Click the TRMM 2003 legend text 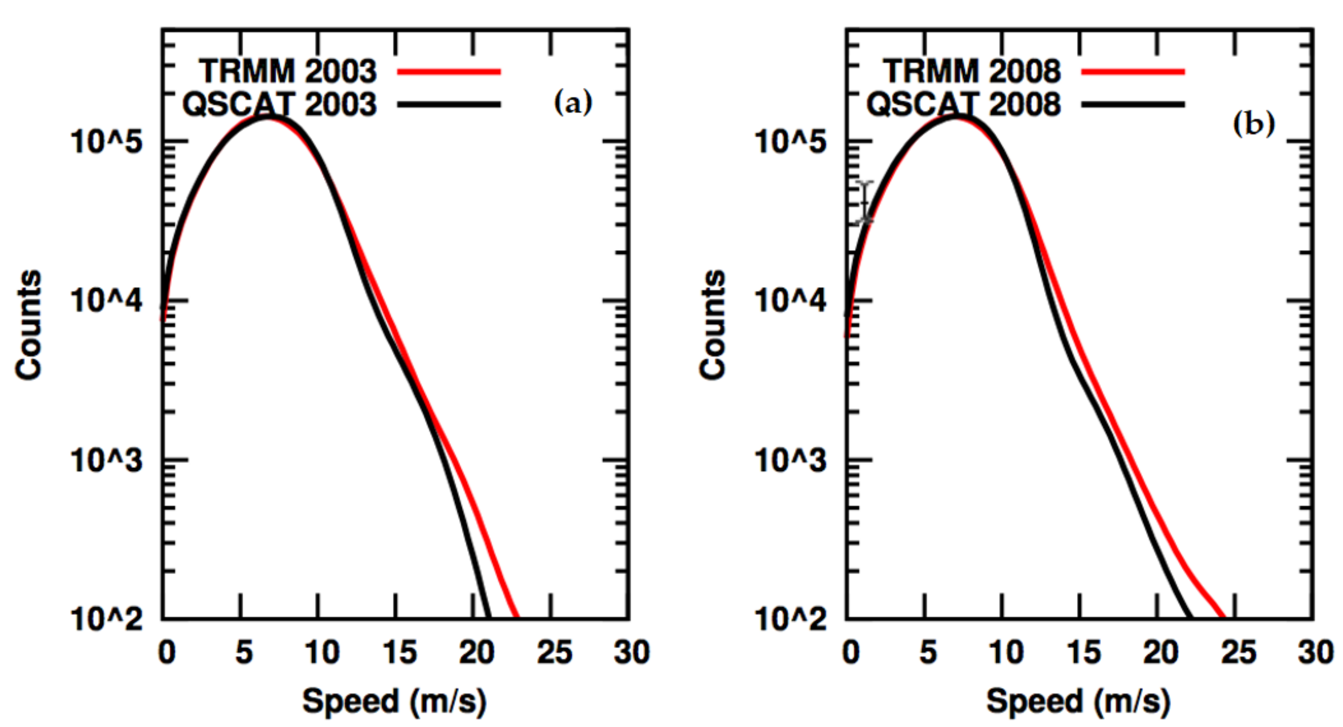point(287,71)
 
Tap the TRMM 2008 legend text point(971,71)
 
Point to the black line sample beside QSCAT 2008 point(1133,104)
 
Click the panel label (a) point(573,103)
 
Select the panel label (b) point(1254,124)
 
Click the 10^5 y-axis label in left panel point(106,141)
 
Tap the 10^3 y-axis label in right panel point(790,461)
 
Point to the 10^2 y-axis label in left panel point(106,620)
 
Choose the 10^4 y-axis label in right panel point(790,302)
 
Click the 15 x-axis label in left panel point(399,652)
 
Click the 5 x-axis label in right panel point(928,652)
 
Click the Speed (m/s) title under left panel point(395,701)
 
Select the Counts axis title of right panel point(712,324)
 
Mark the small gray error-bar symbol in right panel point(865,203)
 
